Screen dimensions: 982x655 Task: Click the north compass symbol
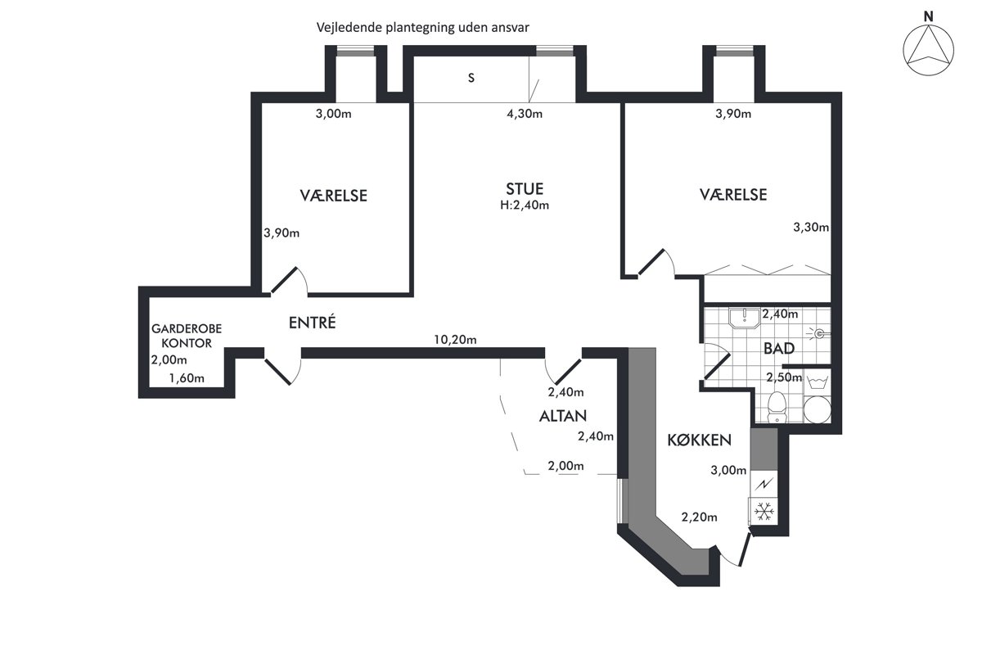(x=928, y=50)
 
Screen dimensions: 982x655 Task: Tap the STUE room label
(x=525, y=189)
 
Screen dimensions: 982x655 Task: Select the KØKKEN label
(x=699, y=440)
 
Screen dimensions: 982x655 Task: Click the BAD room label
(x=779, y=348)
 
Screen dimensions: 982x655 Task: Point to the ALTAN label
(x=563, y=416)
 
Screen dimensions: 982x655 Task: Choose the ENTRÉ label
(x=312, y=322)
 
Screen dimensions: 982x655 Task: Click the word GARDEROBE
(x=187, y=328)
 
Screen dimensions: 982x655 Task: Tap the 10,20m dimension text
(x=455, y=340)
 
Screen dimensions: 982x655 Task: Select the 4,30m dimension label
(x=525, y=114)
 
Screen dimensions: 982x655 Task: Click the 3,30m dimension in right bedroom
(x=811, y=228)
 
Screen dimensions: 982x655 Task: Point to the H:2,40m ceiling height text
(x=525, y=206)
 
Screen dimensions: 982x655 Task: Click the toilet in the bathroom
(x=777, y=407)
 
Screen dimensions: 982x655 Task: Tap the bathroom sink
(x=745, y=318)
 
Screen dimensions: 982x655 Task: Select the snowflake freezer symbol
(x=764, y=512)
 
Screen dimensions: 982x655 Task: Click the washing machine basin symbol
(x=818, y=382)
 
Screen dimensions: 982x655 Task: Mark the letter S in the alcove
(x=471, y=78)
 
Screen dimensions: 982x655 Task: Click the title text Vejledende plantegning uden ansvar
(x=422, y=28)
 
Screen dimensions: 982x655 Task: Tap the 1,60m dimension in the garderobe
(x=187, y=378)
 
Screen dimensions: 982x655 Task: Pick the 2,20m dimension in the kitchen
(x=699, y=517)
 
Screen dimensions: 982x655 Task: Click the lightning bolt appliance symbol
(x=764, y=484)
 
